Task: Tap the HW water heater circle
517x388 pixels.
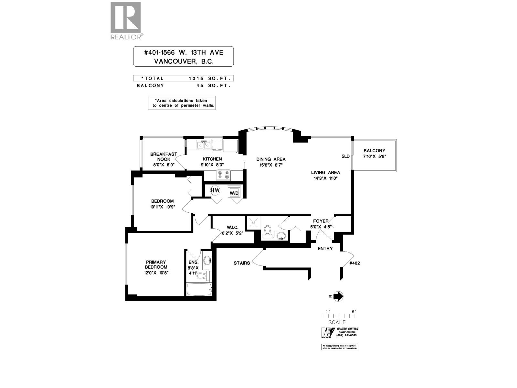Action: coord(215,190)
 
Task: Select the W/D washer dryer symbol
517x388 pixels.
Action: coord(234,191)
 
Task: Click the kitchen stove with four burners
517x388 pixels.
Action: coord(224,175)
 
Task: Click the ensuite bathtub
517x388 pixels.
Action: coord(199,289)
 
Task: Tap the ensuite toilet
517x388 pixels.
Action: coord(204,276)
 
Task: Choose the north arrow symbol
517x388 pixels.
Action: coord(337,296)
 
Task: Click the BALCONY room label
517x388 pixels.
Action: coord(374,151)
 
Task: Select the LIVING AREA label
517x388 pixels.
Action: coord(325,172)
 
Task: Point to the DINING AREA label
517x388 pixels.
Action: coord(271,159)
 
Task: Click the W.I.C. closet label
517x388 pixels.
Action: coord(232,228)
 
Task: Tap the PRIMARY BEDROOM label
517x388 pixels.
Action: coord(156,264)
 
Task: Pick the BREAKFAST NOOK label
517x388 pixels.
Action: coord(164,156)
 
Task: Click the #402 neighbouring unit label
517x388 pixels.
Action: coord(354,263)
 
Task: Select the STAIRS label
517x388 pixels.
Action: coord(242,263)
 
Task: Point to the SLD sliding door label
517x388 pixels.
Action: coord(345,156)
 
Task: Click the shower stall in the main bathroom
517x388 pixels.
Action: coord(253,223)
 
